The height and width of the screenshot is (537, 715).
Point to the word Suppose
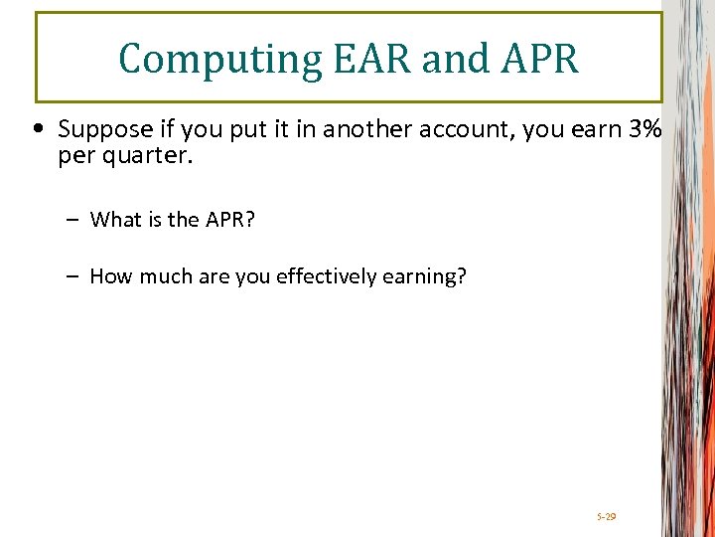97,130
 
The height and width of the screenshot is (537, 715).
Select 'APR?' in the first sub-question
229,220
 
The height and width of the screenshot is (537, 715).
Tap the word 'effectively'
325,276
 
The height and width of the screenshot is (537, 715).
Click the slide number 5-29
607,517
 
